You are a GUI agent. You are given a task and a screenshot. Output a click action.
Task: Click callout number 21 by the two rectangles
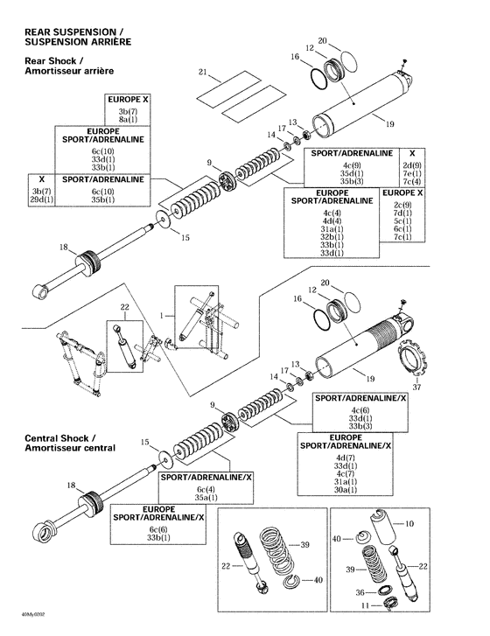202,71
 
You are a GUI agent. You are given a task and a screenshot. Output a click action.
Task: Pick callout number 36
359,591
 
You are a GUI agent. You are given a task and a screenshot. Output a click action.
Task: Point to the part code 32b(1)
331,236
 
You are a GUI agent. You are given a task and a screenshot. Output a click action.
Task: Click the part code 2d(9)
413,165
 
